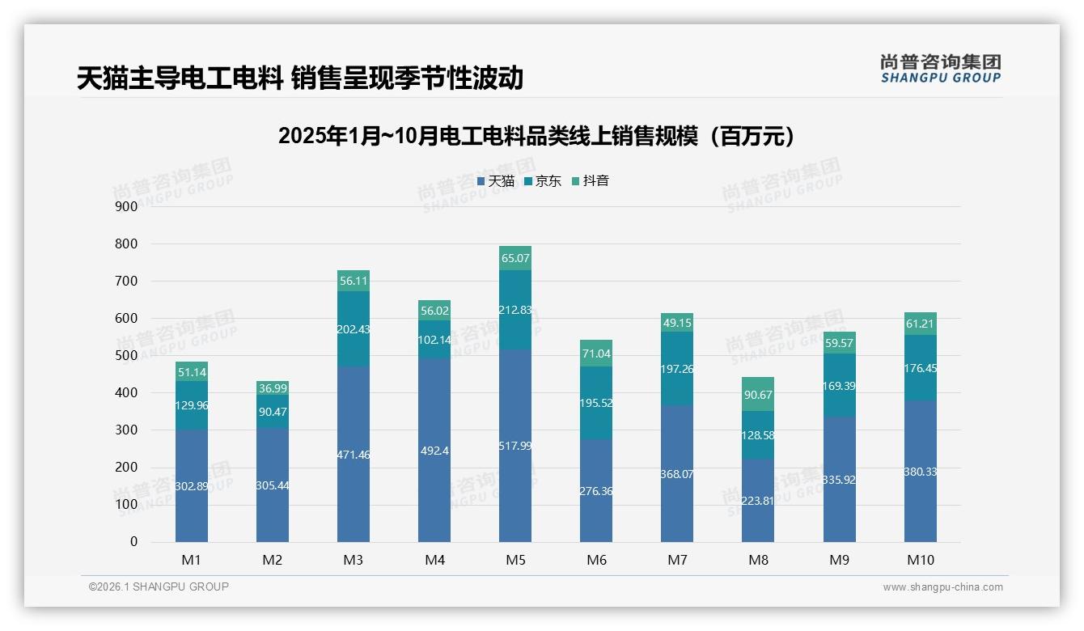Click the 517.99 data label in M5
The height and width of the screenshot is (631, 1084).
click(515, 446)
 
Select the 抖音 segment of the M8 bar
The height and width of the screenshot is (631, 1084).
click(758, 394)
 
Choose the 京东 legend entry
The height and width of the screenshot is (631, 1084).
click(543, 180)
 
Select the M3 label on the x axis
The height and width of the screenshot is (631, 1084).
click(354, 560)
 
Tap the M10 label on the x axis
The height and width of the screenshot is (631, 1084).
click(920, 560)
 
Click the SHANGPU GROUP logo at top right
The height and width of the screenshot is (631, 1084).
click(940, 68)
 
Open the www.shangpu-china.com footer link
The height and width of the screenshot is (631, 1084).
click(942, 587)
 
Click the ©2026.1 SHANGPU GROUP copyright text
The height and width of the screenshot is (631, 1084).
click(159, 587)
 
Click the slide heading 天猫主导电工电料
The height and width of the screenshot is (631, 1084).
click(300, 78)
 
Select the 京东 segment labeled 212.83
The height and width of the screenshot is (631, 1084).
click(515, 310)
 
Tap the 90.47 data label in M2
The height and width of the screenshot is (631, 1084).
click(273, 412)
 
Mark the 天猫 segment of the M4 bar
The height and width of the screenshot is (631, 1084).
click(434, 450)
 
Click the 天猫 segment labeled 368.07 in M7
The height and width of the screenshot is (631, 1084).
click(677, 474)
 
